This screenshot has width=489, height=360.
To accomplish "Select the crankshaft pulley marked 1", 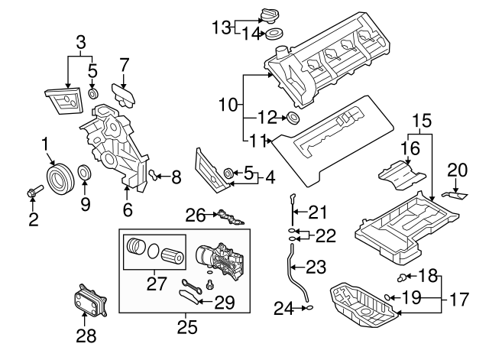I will pyautogui.click(x=58, y=178).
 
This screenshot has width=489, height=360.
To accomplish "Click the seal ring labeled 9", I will pyautogui.click(x=85, y=173).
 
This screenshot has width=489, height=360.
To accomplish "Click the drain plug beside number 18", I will pyautogui.click(x=402, y=277).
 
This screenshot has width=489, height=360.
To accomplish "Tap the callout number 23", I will pyautogui.click(x=316, y=267).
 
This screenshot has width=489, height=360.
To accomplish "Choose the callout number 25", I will pyautogui.click(x=186, y=328).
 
